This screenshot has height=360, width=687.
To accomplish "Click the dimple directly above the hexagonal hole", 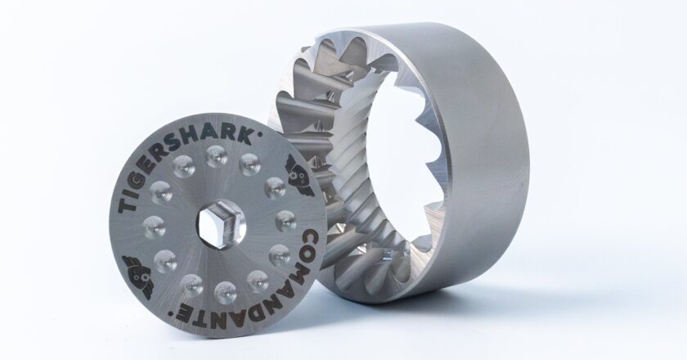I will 218,160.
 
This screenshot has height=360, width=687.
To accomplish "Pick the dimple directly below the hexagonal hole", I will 223,290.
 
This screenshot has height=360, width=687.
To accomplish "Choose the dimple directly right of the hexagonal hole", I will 285,219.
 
